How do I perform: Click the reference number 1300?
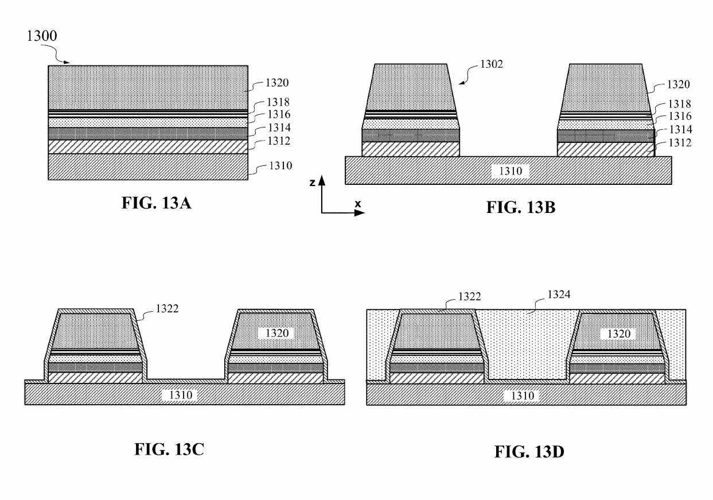(42, 36)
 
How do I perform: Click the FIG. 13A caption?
(157, 203)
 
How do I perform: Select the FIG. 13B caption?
(521, 207)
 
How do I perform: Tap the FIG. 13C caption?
(169, 449)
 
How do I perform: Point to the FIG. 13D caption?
(529, 452)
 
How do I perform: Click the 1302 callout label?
(492, 64)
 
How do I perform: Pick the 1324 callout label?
(559, 294)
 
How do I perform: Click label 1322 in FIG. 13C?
(167, 309)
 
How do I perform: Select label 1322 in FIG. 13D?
(469, 296)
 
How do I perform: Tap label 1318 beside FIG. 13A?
(278, 102)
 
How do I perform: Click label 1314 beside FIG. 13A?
(279, 127)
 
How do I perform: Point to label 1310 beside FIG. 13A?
(280, 165)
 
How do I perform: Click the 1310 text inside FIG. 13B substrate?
(511, 171)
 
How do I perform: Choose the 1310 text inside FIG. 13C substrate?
(181, 395)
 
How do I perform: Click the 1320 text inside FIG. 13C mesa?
(277, 333)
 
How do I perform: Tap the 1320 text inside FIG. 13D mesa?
(619, 334)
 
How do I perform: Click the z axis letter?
(313, 183)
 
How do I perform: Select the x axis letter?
(358, 204)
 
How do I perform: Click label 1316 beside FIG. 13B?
(680, 116)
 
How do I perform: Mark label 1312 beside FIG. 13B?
(680, 143)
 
